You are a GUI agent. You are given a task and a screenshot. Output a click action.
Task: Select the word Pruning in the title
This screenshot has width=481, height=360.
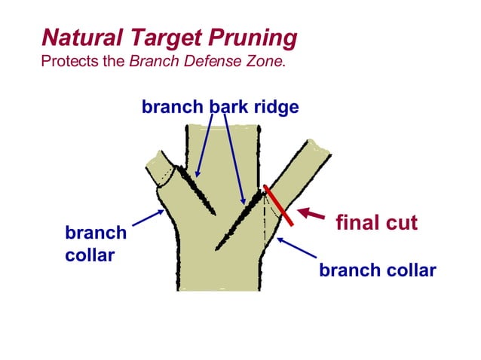(x=256, y=37)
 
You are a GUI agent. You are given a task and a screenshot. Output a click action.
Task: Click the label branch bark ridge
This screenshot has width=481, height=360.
(x=219, y=107)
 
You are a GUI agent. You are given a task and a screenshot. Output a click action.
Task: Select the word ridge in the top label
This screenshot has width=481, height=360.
(x=276, y=107)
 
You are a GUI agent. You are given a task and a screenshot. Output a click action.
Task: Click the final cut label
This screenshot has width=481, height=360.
(x=375, y=223)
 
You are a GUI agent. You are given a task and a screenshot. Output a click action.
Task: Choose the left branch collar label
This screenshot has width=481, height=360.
(x=96, y=244)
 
